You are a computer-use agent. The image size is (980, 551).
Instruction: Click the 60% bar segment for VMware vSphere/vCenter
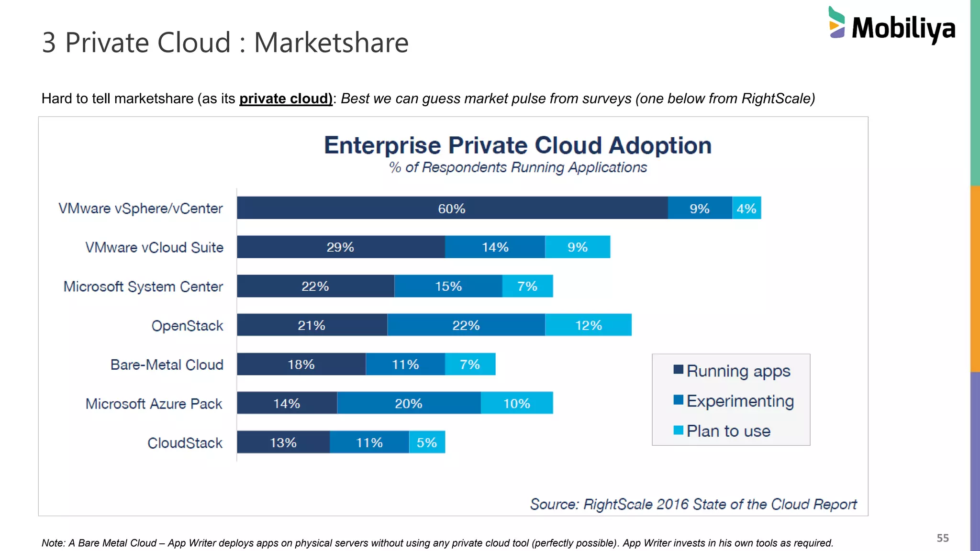[452, 208]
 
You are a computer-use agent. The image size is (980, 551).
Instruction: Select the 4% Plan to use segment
[746, 208]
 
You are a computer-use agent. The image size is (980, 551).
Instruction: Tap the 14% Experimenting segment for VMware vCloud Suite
[495, 247]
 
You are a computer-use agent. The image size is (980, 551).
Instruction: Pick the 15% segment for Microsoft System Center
[448, 286]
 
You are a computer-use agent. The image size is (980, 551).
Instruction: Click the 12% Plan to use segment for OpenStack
[588, 325]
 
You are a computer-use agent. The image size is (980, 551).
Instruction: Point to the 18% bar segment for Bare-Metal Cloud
[301, 364]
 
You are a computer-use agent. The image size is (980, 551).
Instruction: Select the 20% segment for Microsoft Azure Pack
[409, 403]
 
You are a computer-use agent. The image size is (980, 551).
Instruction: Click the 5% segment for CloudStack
[427, 442]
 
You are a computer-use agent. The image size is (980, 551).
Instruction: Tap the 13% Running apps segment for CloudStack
[283, 442]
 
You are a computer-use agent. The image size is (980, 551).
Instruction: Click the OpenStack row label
[187, 326]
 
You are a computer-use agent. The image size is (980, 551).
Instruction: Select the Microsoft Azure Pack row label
[154, 404]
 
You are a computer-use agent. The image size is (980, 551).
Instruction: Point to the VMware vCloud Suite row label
[154, 247]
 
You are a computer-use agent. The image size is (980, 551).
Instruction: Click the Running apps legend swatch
[678, 369]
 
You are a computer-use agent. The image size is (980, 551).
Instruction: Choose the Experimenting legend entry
[740, 401]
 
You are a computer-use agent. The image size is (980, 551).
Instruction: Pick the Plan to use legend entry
[728, 431]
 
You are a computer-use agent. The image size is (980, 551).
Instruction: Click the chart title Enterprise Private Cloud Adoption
[518, 145]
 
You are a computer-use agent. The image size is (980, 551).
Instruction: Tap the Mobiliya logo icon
[836, 22]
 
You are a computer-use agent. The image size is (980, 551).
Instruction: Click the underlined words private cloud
[286, 99]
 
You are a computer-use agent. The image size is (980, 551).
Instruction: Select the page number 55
[942, 538]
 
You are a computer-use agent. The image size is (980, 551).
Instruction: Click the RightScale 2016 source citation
[693, 504]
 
